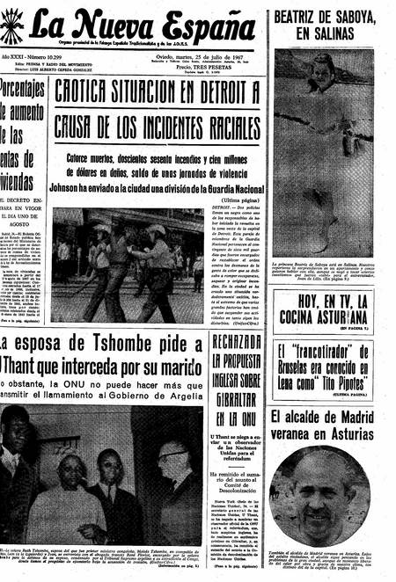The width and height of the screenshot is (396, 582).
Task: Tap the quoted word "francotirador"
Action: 319,350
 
